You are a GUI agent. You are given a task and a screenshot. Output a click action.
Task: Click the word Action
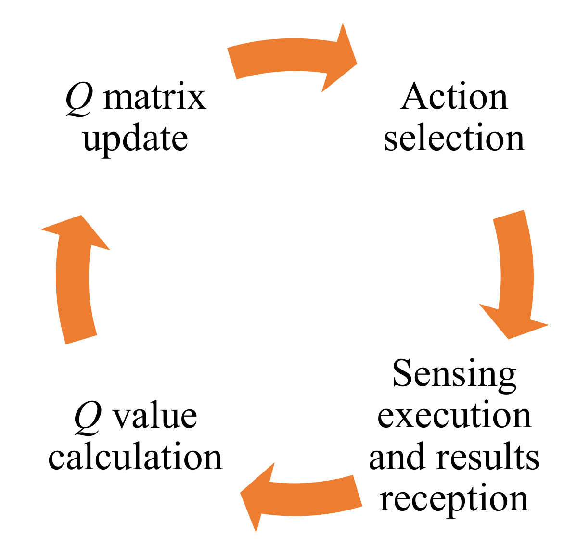[x=454, y=97]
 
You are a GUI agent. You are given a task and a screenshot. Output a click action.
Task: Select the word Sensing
[x=454, y=374]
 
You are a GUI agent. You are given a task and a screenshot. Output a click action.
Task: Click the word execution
[x=454, y=415]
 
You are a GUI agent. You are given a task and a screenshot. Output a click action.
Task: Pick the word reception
[x=454, y=498]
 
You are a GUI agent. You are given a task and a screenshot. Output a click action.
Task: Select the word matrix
[x=154, y=97]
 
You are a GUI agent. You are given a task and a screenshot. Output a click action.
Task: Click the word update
[x=135, y=140]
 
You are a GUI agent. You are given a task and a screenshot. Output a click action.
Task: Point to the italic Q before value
[x=88, y=417]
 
